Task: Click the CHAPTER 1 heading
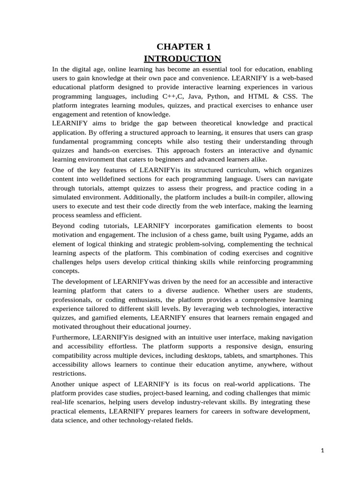pyautogui.click(x=183, y=46)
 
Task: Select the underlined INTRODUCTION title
pyautogui.click(x=182, y=59)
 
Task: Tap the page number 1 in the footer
pyautogui.click(x=322, y=450)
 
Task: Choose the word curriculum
pyautogui.click(x=216, y=170)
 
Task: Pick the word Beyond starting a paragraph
pyautogui.click(x=63, y=225)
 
